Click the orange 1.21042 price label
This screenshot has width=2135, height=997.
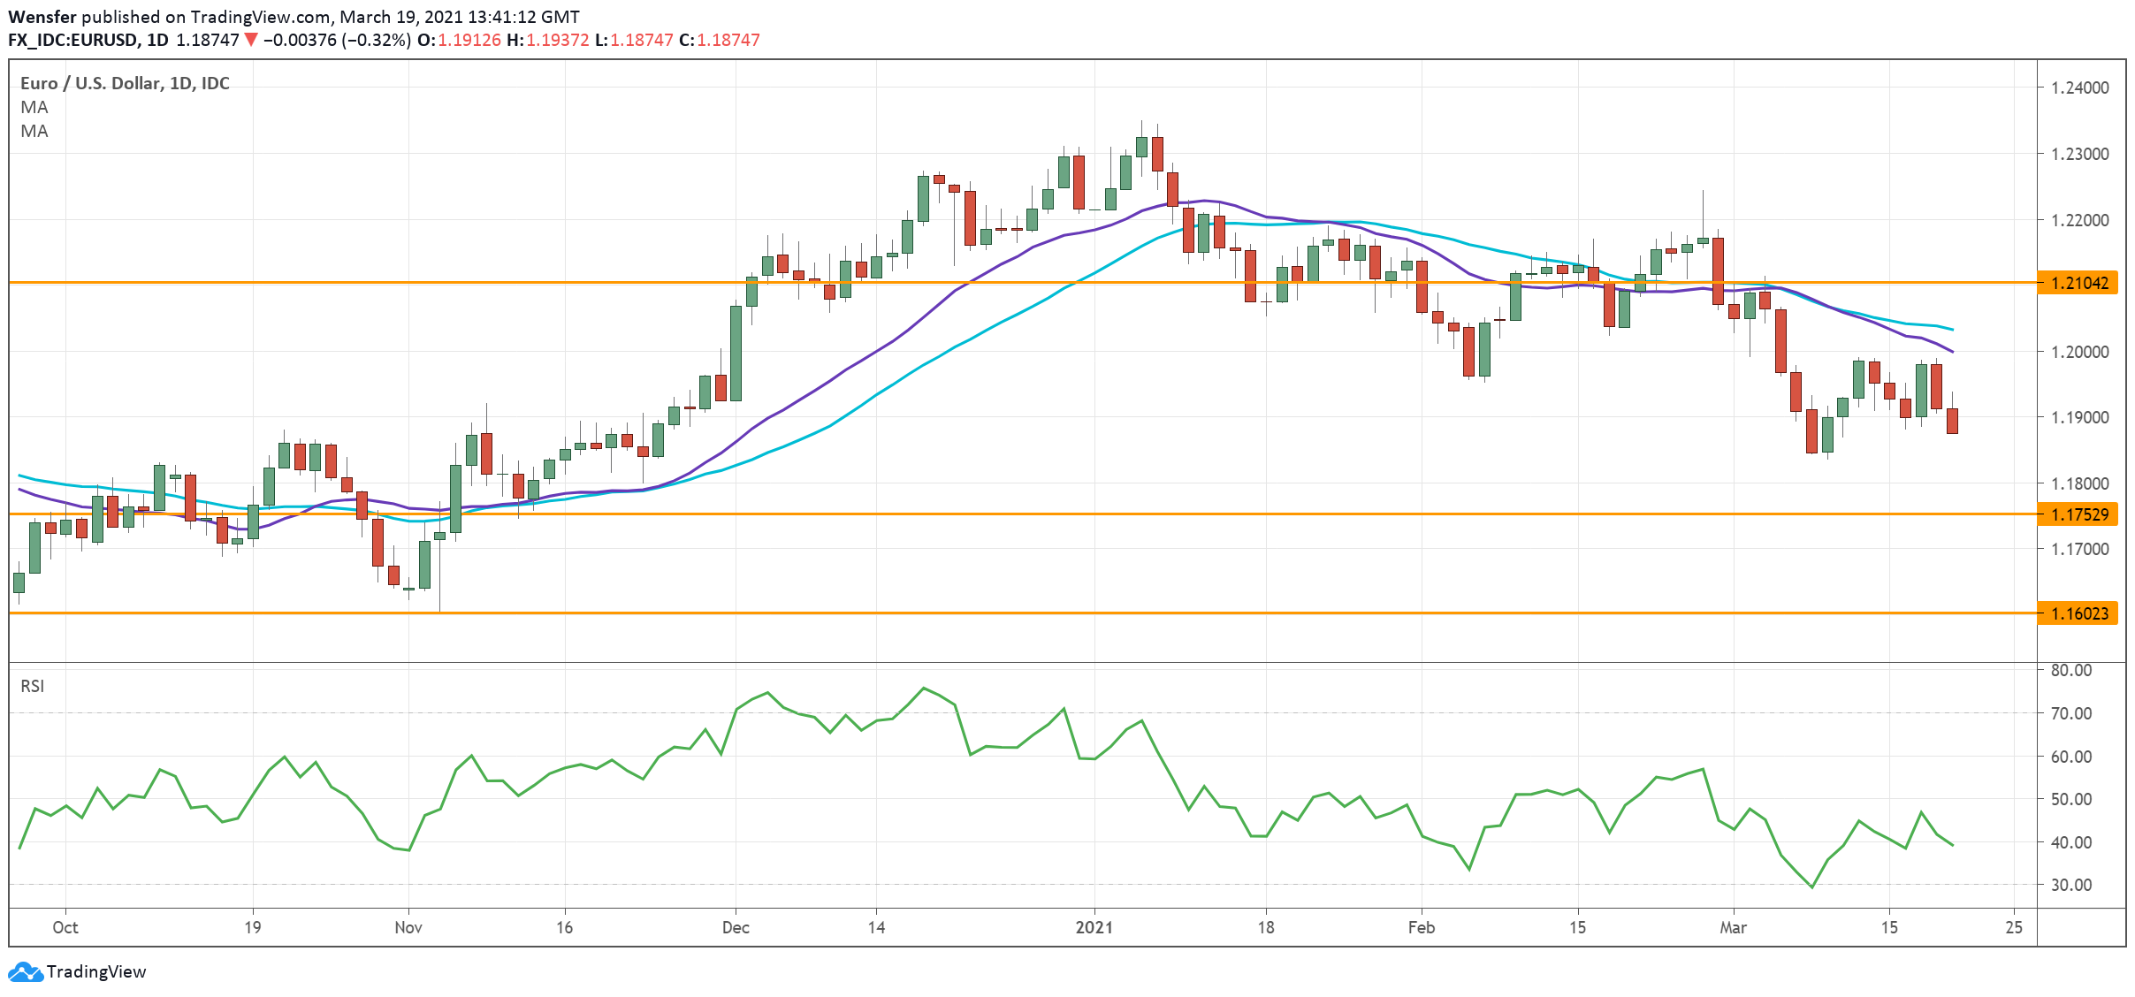2078,283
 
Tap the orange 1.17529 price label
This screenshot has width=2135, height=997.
2078,514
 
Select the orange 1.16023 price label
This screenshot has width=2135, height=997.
2078,613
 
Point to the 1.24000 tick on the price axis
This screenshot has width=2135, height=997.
2079,88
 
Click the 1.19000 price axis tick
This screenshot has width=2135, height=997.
2079,417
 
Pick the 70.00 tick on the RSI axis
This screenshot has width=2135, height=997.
2070,713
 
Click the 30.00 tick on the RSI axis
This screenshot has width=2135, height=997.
2070,885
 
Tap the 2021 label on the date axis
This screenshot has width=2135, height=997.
1094,927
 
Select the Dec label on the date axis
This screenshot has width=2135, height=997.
736,927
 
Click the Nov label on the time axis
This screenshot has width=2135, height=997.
408,927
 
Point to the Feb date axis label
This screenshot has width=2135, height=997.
1421,927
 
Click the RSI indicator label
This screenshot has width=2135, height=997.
32,686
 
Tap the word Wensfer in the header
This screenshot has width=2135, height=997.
42,17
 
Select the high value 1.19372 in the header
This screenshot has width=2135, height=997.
557,40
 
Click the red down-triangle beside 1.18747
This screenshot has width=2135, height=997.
251,40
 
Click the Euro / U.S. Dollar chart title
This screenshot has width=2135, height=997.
125,83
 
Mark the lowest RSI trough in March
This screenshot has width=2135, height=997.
1811,887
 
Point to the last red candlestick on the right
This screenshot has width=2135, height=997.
1952,421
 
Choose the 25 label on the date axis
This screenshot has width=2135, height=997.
2014,927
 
